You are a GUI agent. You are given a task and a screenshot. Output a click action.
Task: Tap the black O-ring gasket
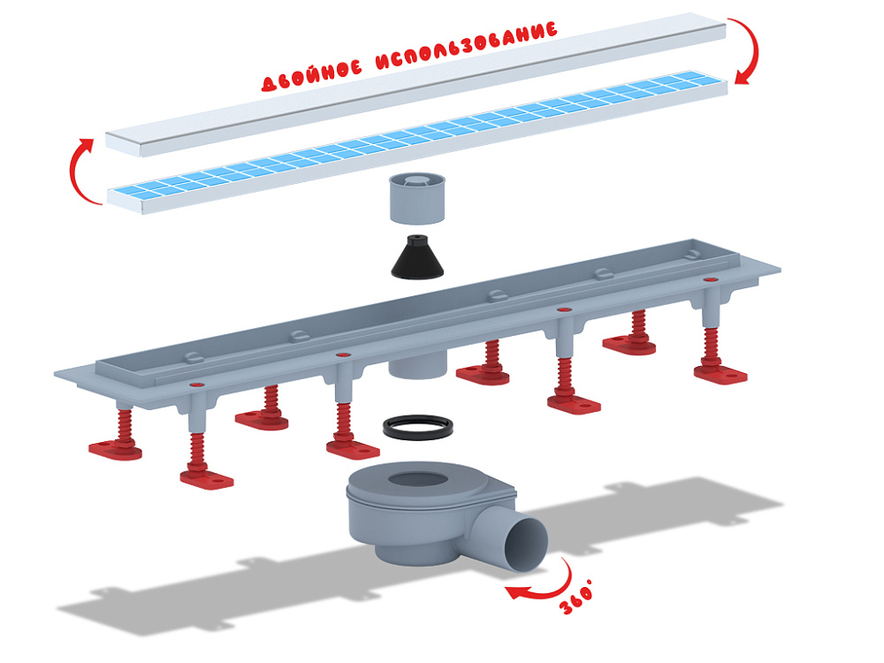pyautogui.click(x=418, y=427)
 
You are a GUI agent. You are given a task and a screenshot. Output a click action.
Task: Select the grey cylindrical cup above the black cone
pyautogui.click(x=417, y=198)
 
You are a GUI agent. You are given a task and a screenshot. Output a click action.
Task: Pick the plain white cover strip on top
pyautogui.click(x=415, y=85)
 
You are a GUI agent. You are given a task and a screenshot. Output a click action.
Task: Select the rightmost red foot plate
pyautogui.click(x=720, y=374)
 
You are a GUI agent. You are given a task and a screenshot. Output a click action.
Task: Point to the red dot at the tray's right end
pyautogui.click(x=708, y=279)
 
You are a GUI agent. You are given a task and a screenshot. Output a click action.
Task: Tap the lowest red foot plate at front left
pyautogui.click(x=207, y=479)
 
